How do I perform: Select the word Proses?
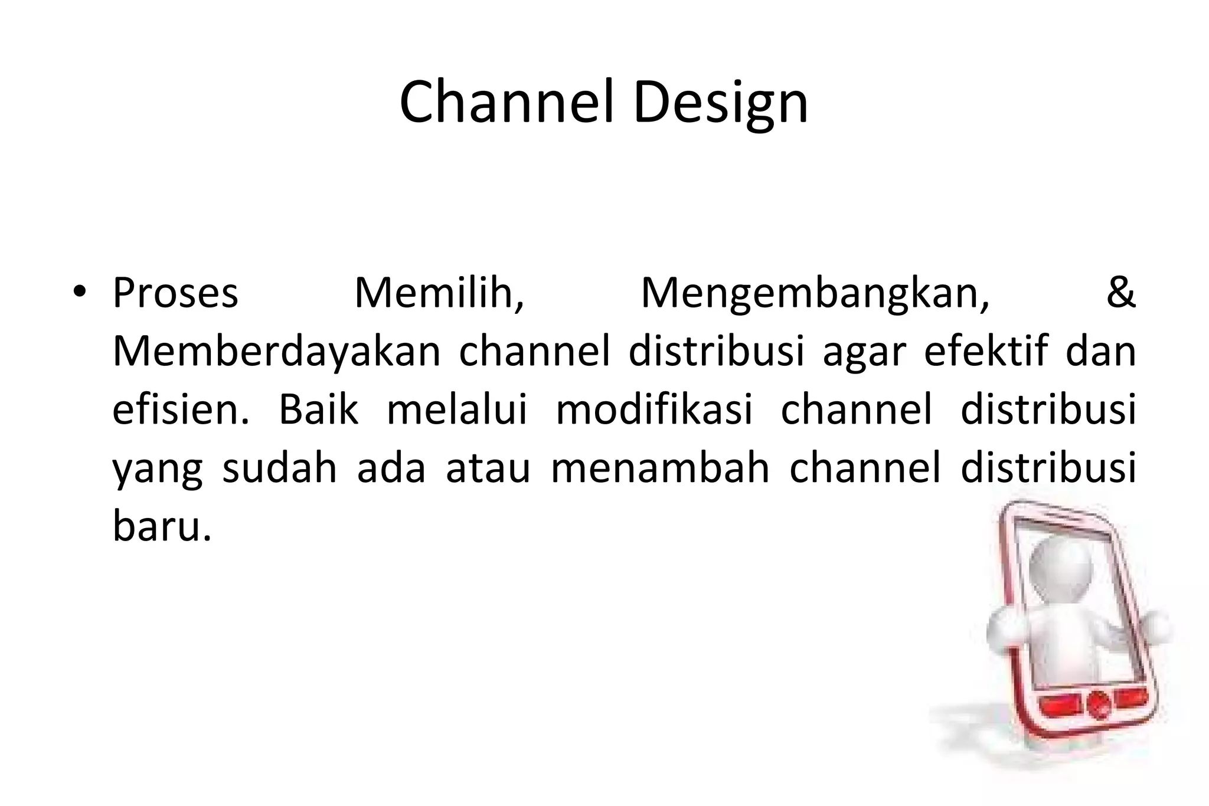(x=175, y=294)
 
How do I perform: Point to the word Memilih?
(x=439, y=294)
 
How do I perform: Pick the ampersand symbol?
(x=1120, y=293)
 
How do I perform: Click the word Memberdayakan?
(x=276, y=352)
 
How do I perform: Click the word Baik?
(x=318, y=409)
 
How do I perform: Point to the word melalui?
(x=456, y=409)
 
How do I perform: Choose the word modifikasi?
(x=654, y=409)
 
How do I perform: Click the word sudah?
(x=279, y=468)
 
